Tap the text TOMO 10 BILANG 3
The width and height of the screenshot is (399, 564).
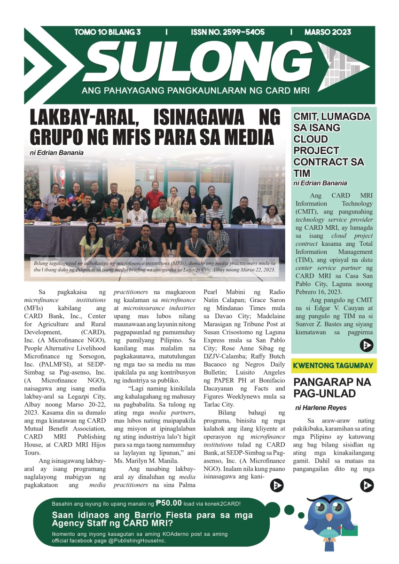[x=108, y=32]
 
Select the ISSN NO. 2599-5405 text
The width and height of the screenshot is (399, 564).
[x=227, y=32]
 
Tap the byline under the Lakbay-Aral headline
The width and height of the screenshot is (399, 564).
[x=56, y=152]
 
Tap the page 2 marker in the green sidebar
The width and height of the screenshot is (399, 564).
[x=366, y=346]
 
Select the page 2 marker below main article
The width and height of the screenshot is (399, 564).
[x=278, y=485]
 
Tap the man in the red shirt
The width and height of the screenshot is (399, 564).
[x=154, y=197]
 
